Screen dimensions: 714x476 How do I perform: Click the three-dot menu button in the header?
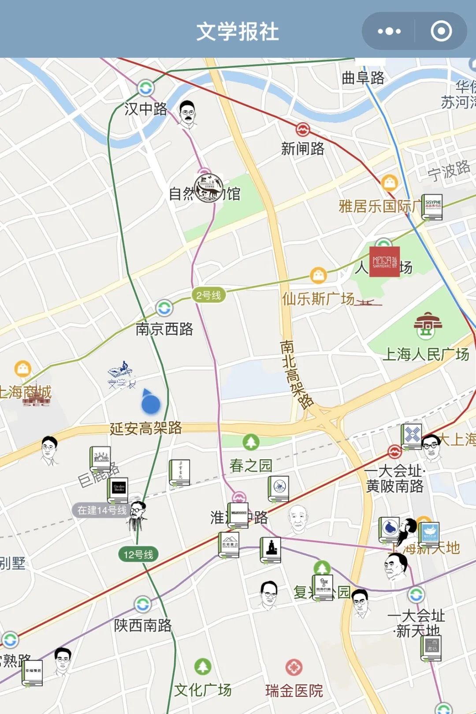coord(389,31)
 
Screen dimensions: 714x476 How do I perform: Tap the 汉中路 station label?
coord(145,109)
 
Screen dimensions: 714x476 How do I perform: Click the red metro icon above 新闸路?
coord(302,130)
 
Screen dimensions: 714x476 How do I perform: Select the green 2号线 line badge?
coord(208,295)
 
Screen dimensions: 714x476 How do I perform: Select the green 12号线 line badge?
coord(138,554)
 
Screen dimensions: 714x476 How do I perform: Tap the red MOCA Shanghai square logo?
coord(384,261)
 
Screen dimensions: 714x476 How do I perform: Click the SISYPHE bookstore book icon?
coord(432,207)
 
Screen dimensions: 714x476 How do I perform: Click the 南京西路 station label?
coord(164,329)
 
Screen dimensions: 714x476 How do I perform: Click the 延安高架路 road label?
coord(145,428)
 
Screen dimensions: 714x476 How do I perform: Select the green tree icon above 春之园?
coord(251,442)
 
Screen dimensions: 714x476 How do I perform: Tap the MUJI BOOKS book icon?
coord(238,515)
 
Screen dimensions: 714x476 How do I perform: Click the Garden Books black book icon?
coord(118,490)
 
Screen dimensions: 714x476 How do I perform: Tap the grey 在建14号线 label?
coord(101,510)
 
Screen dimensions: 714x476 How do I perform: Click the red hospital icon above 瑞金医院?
coord(294,667)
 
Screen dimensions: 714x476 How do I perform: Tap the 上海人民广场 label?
coord(425,354)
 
